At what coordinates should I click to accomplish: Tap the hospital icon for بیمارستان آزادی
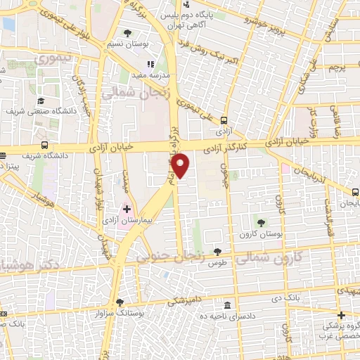(x=127, y=209)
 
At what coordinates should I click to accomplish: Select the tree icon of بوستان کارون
(x=261, y=221)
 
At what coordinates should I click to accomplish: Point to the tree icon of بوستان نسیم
(x=127, y=33)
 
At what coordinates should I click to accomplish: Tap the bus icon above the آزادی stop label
(x=224, y=120)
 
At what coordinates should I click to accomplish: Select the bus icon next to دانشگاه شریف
(x=44, y=145)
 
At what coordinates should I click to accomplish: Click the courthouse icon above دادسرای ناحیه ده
(x=227, y=306)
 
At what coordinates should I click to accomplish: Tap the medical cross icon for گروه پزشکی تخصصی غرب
(x=341, y=315)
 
